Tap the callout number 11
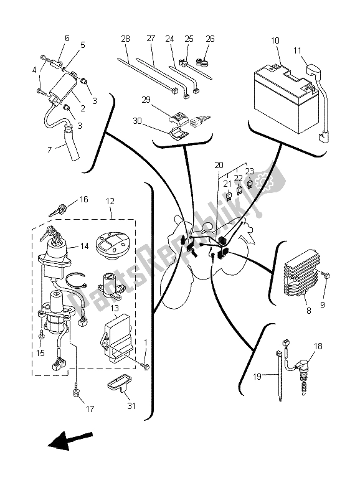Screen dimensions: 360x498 297,51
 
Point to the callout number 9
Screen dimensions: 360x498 322,305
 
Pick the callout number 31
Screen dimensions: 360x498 131,406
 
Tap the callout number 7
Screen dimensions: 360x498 50,149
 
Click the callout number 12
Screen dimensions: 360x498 110,201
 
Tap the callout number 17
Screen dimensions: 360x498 90,408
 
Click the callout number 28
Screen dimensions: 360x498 126,39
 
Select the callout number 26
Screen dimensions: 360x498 210,39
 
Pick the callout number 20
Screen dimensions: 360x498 219,165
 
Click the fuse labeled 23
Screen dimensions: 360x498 250,184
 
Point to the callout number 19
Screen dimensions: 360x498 257,377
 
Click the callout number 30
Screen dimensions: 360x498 137,121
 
